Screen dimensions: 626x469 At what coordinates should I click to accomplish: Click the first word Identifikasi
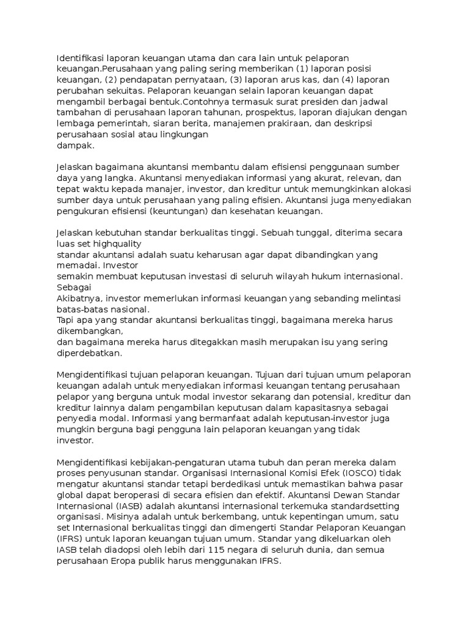coord(78,57)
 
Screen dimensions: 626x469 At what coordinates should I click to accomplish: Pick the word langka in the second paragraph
coord(121,178)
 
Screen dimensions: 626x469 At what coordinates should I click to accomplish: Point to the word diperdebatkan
coord(89,353)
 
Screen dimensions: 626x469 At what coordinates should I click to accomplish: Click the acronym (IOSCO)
coord(352,473)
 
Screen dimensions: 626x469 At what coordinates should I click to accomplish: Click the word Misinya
coord(118,517)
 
